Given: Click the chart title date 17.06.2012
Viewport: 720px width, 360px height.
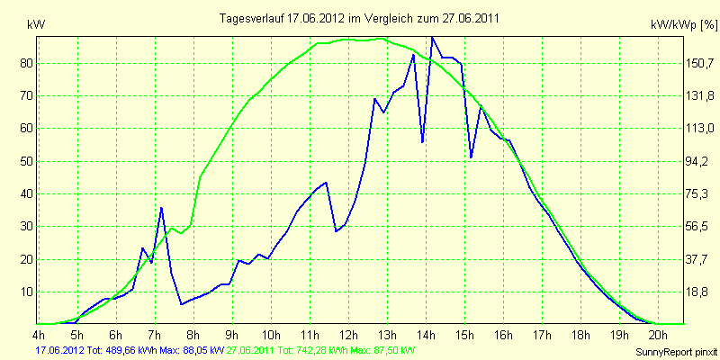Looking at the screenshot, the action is click(311, 18).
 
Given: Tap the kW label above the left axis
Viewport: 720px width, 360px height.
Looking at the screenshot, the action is click(36, 26).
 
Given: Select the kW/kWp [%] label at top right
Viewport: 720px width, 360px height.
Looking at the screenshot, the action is click(684, 26).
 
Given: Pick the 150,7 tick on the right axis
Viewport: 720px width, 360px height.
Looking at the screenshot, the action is click(697, 63).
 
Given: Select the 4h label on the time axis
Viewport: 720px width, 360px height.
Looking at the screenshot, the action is click(39, 333).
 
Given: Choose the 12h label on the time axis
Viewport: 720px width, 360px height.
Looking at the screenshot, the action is click(348, 333).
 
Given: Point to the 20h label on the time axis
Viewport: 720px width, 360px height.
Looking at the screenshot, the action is click(659, 333).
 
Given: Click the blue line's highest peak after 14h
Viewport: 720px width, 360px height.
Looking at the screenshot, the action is click(432, 38).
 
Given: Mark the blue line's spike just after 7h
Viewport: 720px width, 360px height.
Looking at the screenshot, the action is click(161, 208).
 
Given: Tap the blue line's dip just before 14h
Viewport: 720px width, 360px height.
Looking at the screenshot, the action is click(422, 142).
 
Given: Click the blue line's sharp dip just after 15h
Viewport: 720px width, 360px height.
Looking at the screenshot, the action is click(471, 157).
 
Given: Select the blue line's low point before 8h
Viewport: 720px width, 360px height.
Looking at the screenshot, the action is click(182, 304).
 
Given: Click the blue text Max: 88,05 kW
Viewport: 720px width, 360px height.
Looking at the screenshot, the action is click(192, 351).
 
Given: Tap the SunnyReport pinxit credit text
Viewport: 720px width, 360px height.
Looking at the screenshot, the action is click(676, 352).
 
